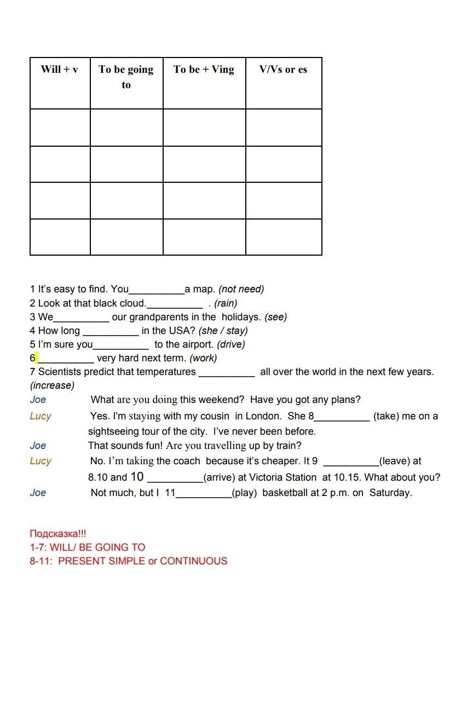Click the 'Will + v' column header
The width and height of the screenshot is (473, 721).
coord(59,70)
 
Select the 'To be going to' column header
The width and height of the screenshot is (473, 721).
coord(126,77)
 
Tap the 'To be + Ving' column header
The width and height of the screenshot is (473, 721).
coord(204,70)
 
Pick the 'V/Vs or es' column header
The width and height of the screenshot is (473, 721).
coord(283,70)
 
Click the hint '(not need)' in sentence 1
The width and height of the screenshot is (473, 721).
coord(241,289)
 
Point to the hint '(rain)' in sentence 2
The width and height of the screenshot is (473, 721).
coord(226,303)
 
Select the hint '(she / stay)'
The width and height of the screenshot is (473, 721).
coord(223,331)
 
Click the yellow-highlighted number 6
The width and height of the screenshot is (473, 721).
coord(33,358)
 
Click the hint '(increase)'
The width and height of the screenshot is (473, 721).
coord(52,385)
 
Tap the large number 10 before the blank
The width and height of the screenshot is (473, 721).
coord(137,477)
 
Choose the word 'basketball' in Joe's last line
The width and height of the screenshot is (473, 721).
coord(285,493)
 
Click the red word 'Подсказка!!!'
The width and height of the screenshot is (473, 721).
coord(57,534)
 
